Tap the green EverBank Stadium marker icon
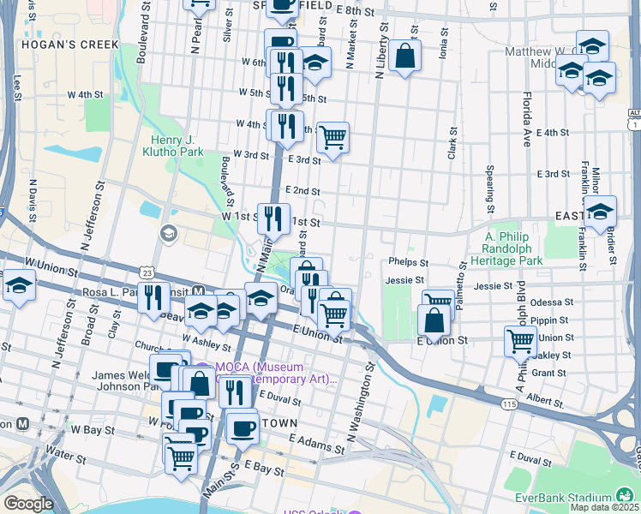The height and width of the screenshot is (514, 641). (626, 497)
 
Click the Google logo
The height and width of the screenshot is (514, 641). (28, 504)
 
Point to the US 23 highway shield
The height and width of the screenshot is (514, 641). (148, 272)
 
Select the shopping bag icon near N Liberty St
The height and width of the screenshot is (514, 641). (404, 57)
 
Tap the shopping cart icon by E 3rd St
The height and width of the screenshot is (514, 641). (332, 136)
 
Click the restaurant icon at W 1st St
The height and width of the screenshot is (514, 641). (273, 218)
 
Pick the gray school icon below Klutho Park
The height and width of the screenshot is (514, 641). (169, 232)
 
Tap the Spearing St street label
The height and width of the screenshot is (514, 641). (490, 189)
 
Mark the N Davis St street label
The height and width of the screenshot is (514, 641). (34, 199)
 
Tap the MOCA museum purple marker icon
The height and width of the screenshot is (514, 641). (203, 369)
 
